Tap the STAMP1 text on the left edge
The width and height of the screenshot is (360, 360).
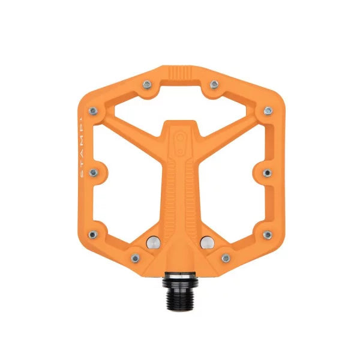pyautogui.click(x=83, y=144)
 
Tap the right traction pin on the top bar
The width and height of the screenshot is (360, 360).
pyautogui.click(x=214, y=83)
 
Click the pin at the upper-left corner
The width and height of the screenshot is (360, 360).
pyautogui.click(x=93, y=110)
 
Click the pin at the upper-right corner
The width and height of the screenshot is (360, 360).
pyautogui.click(x=267, y=110)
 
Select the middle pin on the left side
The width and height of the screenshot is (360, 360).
pyautogui.click(x=94, y=172)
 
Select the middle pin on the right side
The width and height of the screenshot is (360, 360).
pyautogui.click(x=266, y=172)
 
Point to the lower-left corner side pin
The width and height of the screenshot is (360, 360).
pyautogui.click(x=93, y=235)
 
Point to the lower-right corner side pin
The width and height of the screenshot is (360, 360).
pyautogui.click(x=267, y=235)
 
